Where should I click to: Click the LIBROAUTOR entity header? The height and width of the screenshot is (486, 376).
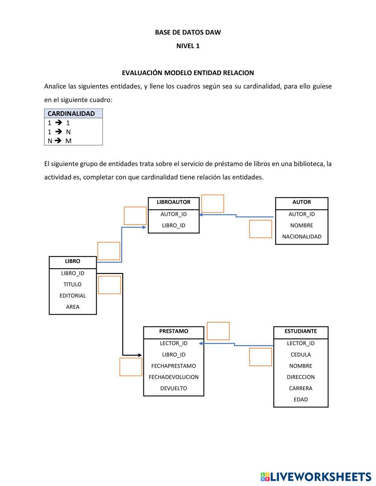click(x=173, y=202)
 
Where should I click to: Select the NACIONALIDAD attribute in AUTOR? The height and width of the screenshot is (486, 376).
click(x=302, y=237)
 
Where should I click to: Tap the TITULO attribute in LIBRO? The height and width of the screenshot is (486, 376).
click(x=73, y=284)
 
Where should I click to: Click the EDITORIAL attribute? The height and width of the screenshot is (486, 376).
click(x=73, y=296)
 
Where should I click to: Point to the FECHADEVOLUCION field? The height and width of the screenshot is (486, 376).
click(x=173, y=377)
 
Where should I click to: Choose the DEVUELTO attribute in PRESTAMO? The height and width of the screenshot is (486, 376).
click(x=173, y=388)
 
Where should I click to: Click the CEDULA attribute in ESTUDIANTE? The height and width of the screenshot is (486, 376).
click(x=300, y=355)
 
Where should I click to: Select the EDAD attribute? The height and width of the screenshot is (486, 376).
click(x=300, y=400)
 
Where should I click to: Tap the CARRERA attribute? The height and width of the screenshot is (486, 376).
click(x=300, y=388)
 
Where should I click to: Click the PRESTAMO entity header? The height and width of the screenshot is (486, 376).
click(x=173, y=331)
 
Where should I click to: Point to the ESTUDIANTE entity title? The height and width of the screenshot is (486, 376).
click(x=300, y=331)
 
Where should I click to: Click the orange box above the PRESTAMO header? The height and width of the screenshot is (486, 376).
click(x=218, y=331)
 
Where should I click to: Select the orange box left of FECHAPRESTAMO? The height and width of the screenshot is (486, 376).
click(x=131, y=367)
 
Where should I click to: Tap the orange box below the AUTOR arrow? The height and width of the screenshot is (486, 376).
click(x=260, y=229)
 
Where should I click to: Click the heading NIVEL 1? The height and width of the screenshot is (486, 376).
click(x=188, y=46)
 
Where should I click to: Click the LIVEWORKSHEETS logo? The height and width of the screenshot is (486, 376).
click(x=315, y=477)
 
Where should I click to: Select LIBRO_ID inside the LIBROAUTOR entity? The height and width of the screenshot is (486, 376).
click(x=173, y=225)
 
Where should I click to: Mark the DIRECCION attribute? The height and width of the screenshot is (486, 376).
click(x=300, y=377)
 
